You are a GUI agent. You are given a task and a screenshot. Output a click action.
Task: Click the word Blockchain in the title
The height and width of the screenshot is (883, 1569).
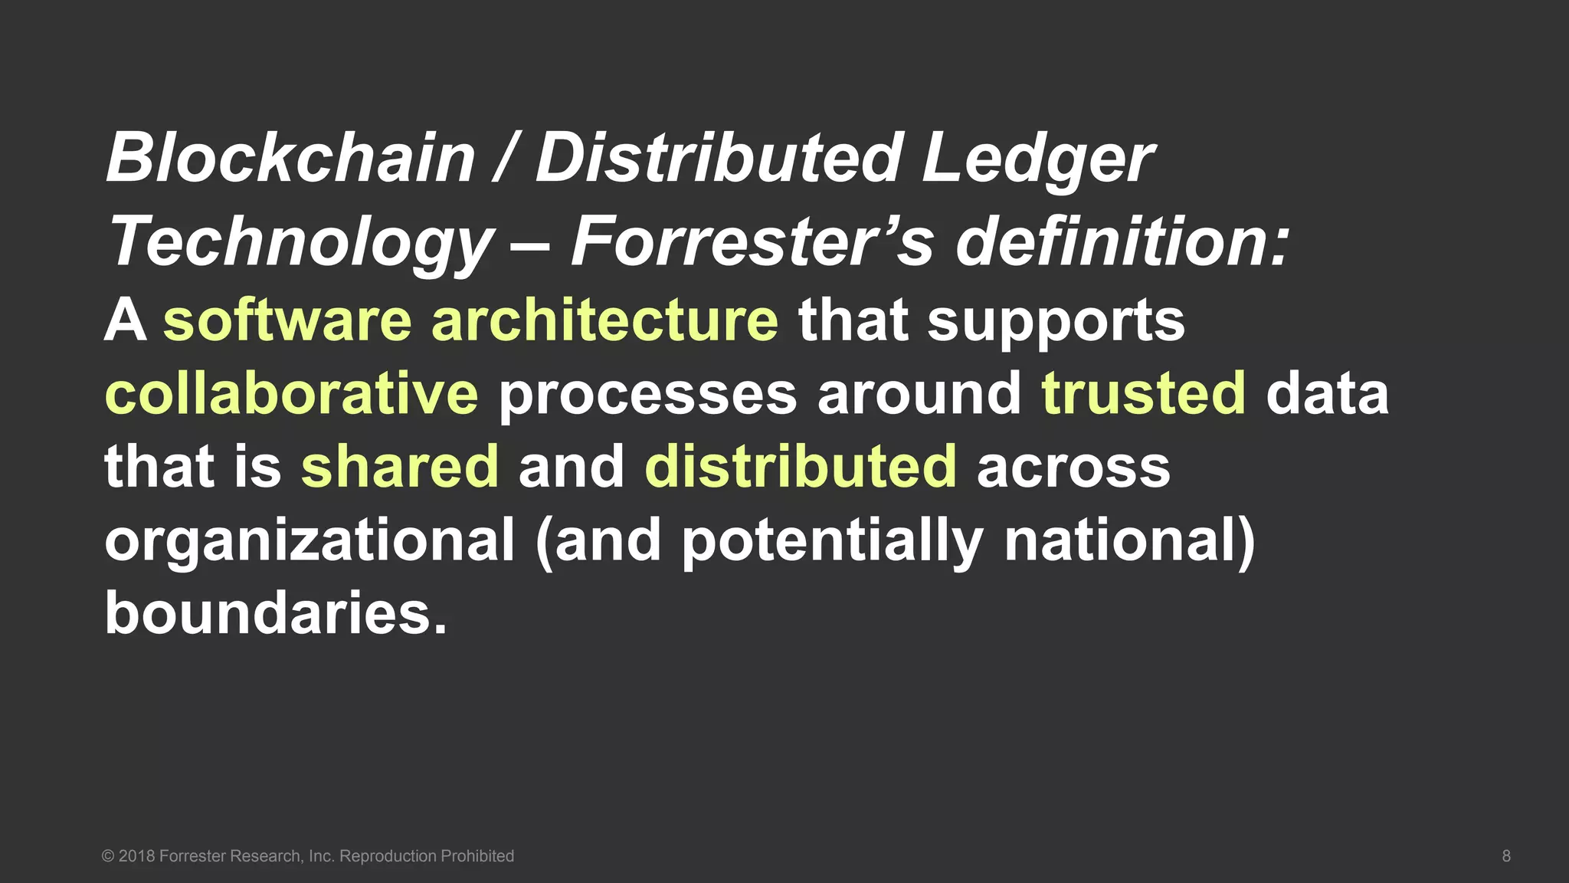click(x=290, y=158)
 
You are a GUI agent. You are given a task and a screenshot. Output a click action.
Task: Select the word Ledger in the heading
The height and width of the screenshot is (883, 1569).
click(x=1037, y=159)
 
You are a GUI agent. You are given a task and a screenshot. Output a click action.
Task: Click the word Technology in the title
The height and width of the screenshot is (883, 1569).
click(x=301, y=242)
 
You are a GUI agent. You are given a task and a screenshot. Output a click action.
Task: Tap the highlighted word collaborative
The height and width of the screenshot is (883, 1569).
click(x=291, y=393)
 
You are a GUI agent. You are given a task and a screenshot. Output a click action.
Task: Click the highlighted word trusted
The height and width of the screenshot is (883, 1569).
click(x=1143, y=393)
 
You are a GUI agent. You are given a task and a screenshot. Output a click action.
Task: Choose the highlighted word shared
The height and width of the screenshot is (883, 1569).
click(x=399, y=467)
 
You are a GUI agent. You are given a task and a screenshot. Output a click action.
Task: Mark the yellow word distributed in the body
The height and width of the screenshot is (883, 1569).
click(x=801, y=467)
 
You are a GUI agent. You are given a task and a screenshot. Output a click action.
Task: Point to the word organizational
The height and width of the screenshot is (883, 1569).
click(x=310, y=541)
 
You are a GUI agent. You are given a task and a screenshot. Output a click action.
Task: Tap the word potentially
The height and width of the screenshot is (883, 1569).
click(x=832, y=541)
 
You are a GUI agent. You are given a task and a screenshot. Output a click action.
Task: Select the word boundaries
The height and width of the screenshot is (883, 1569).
click(x=275, y=614)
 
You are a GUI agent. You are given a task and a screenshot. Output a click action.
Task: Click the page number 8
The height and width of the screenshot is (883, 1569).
click(x=1506, y=856)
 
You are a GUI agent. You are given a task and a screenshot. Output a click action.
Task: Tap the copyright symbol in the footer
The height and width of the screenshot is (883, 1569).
click(x=108, y=856)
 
